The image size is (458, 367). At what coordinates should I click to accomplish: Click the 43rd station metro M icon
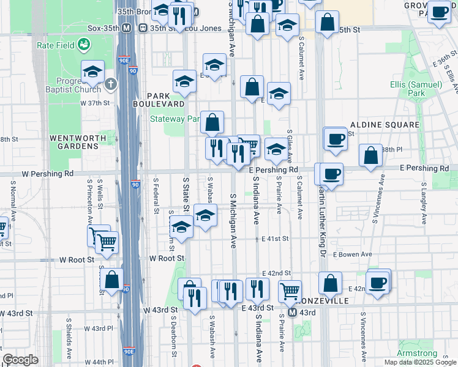pyautogui.click(x=292, y=313)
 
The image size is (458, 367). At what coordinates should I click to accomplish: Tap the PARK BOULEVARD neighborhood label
pyautogui.click(x=166, y=100)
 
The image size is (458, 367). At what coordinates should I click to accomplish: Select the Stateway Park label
pyautogui.click(x=175, y=119)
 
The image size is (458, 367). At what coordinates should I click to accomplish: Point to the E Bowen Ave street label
pyautogui.click(x=352, y=254)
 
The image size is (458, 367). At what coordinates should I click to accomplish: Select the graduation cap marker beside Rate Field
pyautogui.click(x=92, y=72)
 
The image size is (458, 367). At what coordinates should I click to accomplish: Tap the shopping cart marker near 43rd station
pyautogui.click(x=290, y=291)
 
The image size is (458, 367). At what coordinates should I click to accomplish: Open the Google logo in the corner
pyautogui.click(x=20, y=359)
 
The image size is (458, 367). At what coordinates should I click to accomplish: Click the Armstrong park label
pyautogui.click(x=417, y=354)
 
